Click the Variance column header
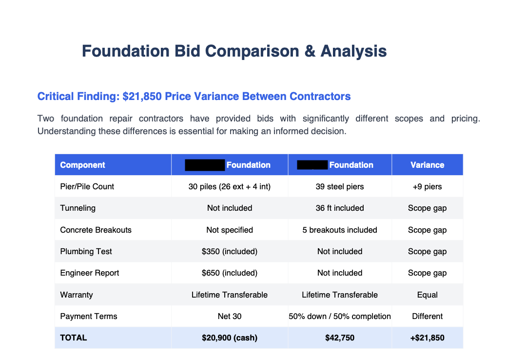pos(427,165)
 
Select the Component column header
pos(82,165)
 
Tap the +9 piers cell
pos(427,186)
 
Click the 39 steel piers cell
pos(340,186)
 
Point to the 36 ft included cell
pos(340,208)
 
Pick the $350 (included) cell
pos(230,251)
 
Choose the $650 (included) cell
pos(230,273)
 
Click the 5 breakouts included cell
pos(340,230)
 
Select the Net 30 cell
pos(230,316)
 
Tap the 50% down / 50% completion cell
pos(340,316)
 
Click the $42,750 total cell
pos(340,338)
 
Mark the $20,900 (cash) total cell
pos(230,338)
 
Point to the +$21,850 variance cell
pos(427,338)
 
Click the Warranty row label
pos(77,295)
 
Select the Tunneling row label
pos(78,208)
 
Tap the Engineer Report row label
pos(90,273)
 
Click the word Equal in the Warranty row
pos(427,295)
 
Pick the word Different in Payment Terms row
pos(427,316)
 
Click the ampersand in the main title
pos(310,51)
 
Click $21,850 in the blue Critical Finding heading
pos(142,96)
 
